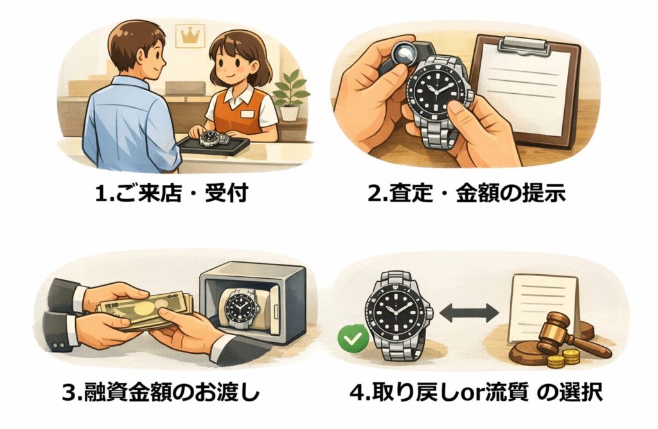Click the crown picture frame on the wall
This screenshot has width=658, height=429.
point(190,35)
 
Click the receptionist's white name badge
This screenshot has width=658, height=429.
point(247,114)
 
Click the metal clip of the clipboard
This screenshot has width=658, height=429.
point(526,44)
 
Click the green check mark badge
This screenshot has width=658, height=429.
point(353,338)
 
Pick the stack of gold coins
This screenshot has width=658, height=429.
point(564,358)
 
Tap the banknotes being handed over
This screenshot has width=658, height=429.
point(145,310)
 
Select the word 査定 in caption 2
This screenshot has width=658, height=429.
point(411,193)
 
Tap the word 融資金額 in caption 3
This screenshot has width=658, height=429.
point(127,392)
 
